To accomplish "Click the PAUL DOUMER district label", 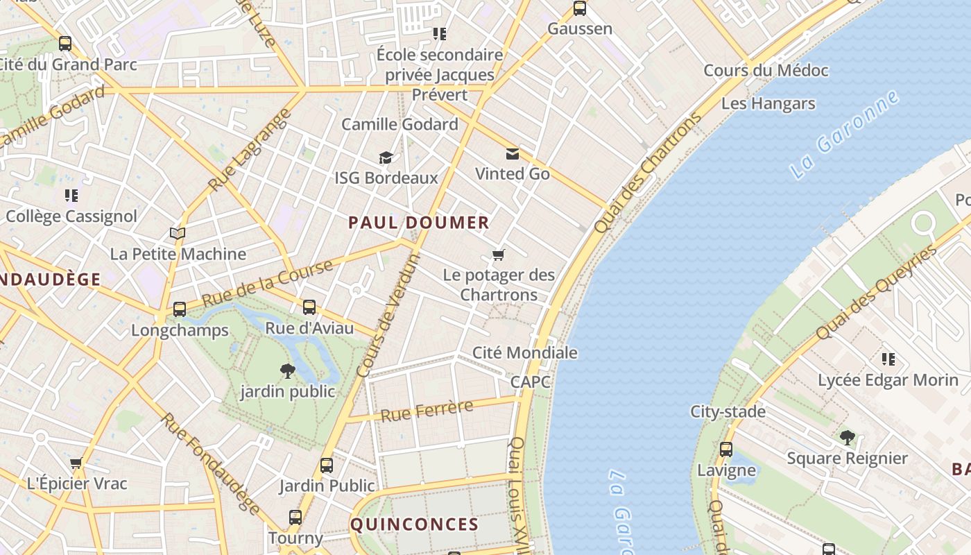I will (x=419, y=223).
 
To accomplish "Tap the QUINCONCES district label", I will (x=414, y=524).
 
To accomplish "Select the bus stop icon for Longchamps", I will (x=180, y=309).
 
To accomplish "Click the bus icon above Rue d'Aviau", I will (x=309, y=307).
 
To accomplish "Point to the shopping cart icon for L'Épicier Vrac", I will (x=76, y=463).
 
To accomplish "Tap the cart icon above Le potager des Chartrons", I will (x=498, y=255).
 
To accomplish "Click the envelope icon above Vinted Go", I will (x=512, y=153).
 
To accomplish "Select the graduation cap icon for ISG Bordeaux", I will (x=386, y=158).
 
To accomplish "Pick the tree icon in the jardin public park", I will (x=287, y=370).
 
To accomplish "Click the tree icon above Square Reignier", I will (x=847, y=437).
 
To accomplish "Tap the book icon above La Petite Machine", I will (x=178, y=233).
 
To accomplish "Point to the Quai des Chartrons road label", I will (x=648, y=173).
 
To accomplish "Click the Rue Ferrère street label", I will (x=427, y=411).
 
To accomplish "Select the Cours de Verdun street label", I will (x=388, y=316).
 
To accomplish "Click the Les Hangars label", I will (x=768, y=103).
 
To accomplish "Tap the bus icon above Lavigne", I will (x=726, y=449).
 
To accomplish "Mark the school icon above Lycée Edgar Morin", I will (x=888, y=359).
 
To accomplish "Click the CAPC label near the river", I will (x=530, y=382).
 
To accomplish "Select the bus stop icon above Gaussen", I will (x=580, y=8).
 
